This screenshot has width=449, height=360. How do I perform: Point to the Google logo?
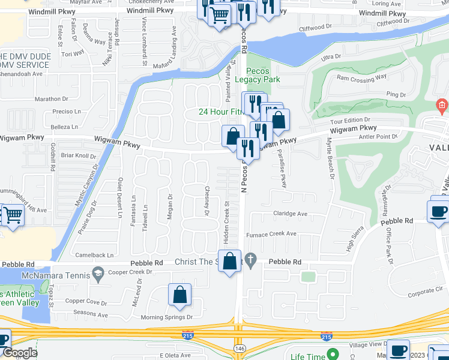[19, 353]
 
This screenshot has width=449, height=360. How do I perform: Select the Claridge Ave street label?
[291, 214]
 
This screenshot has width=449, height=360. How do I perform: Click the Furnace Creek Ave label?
[271, 234]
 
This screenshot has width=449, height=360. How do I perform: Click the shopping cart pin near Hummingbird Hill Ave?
[13, 216]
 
